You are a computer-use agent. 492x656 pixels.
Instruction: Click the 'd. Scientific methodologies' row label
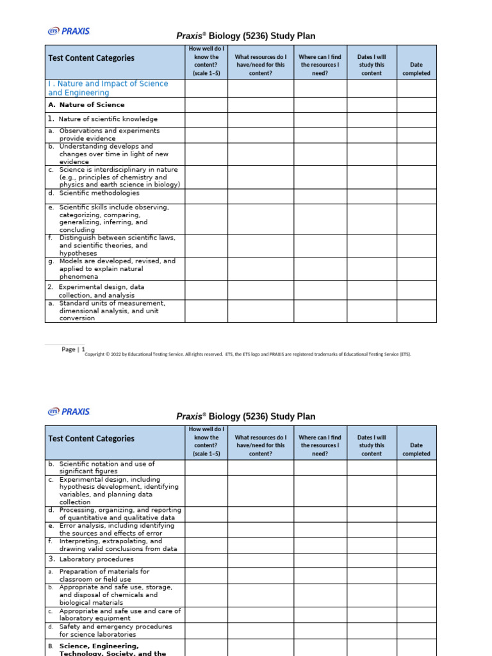[x=99, y=193]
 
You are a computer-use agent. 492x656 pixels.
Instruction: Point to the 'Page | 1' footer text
[x=73, y=349]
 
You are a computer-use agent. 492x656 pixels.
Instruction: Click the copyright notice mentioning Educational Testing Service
[x=247, y=354]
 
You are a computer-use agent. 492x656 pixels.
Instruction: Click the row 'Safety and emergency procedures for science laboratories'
[x=115, y=630]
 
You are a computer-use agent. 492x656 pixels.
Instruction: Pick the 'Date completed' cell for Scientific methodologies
[x=416, y=196]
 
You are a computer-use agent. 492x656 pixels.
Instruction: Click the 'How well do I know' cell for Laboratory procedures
[x=206, y=560]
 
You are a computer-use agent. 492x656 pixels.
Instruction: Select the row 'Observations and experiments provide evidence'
[x=109, y=135]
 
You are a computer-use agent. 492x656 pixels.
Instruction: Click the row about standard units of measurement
[x=111, y=311]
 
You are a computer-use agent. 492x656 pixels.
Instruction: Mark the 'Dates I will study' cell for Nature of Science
[x=372, y=105]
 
